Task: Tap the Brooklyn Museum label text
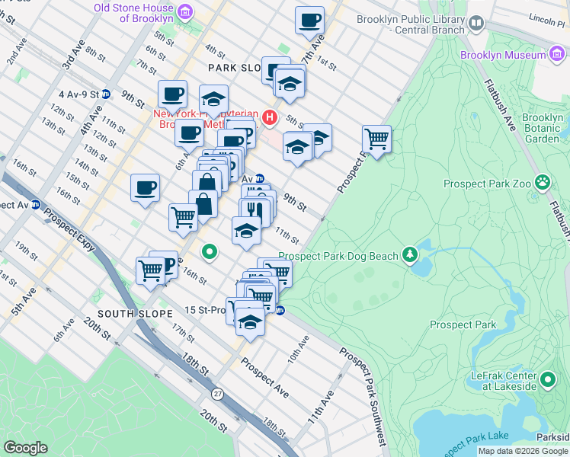(x=503, y=55)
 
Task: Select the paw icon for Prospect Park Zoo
(x=543, y=182)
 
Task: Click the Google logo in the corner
(x=26, y=447)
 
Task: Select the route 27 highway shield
(x=218, y=393)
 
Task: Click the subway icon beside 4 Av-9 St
(x=106, y=94)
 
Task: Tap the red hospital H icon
(x=268, y=117)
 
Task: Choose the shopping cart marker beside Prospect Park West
(x=376, y=139)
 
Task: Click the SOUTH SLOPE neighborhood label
(x=126, y=314)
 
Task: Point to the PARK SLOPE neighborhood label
(x=236, y=68)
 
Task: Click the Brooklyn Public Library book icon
(x=477, y=24)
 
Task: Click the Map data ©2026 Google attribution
(x=523, y=451)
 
